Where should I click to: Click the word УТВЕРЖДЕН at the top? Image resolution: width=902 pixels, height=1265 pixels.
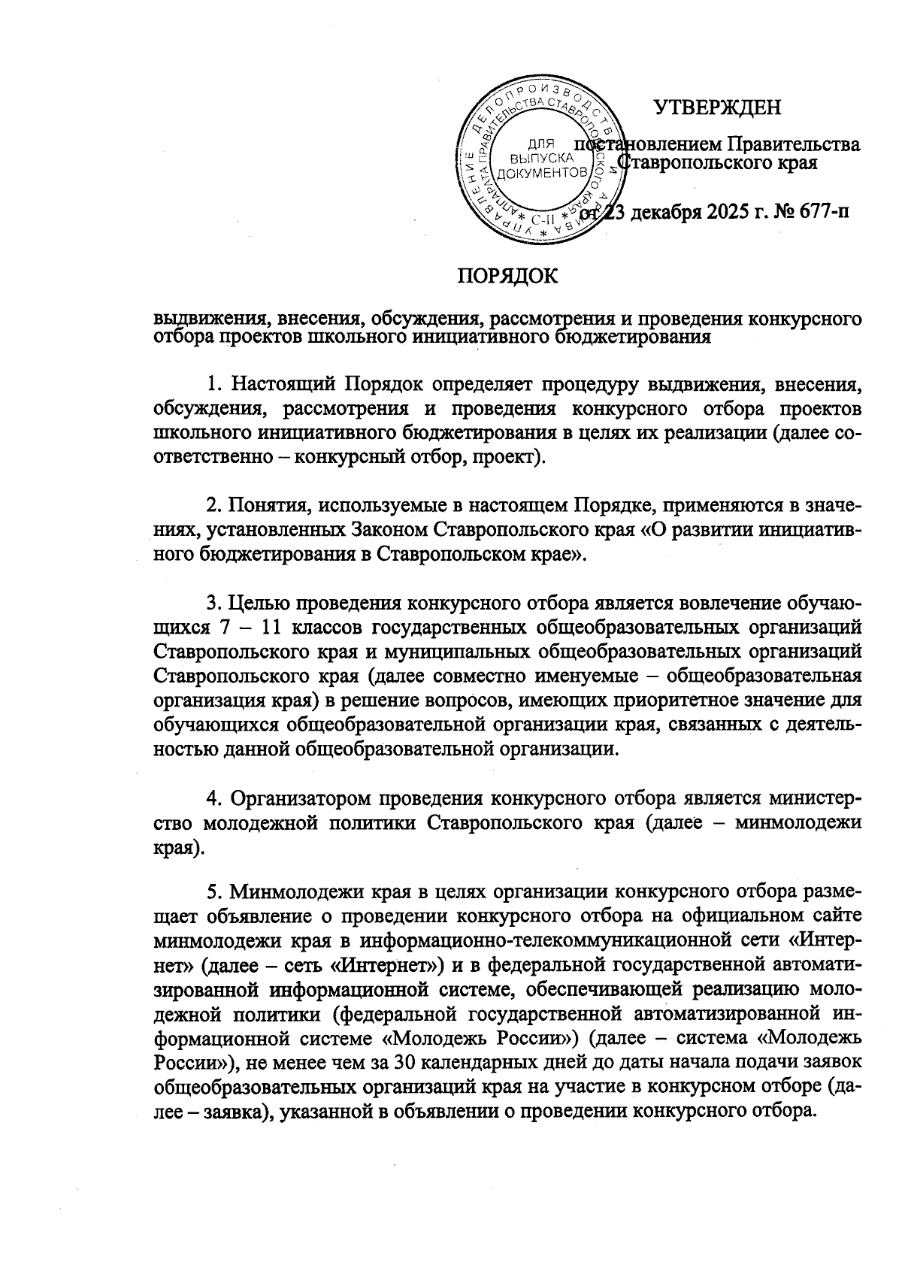point(717,108)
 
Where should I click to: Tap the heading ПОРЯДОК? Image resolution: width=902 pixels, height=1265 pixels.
point(509,277)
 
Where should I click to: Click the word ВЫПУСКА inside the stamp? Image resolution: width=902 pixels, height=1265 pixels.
point(541,159)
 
